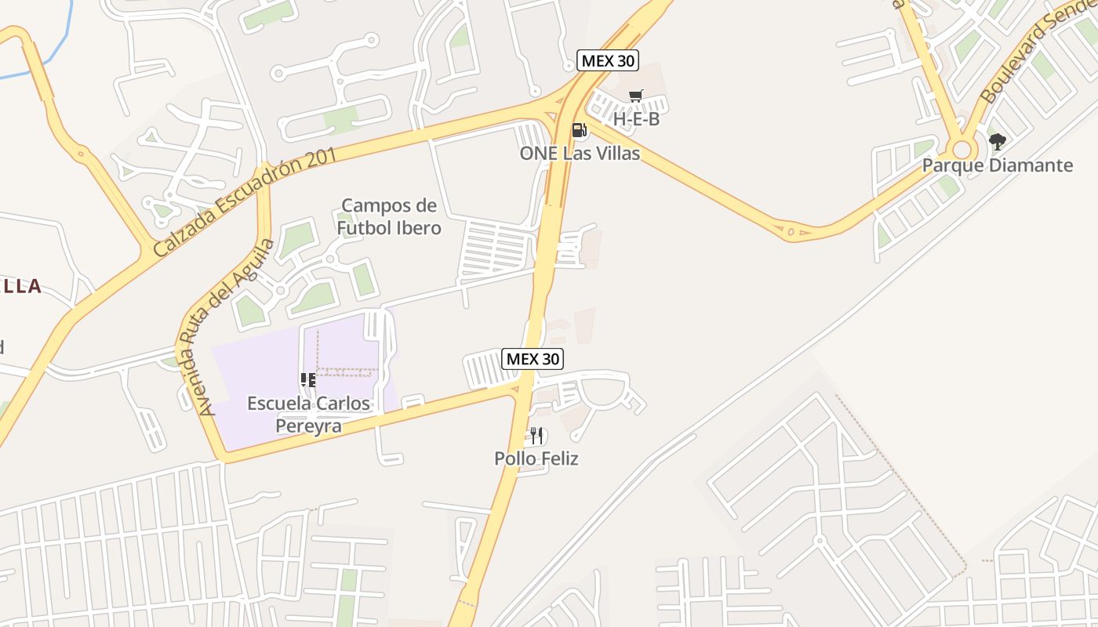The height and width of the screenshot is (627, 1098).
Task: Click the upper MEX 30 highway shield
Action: (608, 60)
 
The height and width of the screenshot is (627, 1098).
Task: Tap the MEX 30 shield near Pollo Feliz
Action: (533, 359)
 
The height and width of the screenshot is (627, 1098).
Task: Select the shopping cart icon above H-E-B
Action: (635, 96)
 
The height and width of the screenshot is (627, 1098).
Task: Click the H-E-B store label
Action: (636, 120)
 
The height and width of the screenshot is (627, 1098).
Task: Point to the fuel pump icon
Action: (579, 130)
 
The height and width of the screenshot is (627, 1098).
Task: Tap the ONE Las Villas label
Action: (580, 154)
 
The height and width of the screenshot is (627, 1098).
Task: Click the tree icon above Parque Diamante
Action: (997, 142)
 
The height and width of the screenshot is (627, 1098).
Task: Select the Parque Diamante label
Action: (997, 165)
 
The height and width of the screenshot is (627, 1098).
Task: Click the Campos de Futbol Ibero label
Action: (389, 217)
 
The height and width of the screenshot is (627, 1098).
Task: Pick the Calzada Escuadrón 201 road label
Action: (245, 201)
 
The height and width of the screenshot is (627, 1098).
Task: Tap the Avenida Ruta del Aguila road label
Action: (235, 326)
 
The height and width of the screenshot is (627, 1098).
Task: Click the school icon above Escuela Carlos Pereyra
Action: (307, 381)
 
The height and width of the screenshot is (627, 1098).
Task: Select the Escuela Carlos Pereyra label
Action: (308, 415)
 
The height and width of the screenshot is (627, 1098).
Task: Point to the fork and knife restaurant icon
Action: (536, 435)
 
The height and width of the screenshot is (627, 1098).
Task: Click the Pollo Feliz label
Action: (536, 458)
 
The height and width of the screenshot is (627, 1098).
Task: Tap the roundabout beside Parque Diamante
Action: (961, 149)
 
